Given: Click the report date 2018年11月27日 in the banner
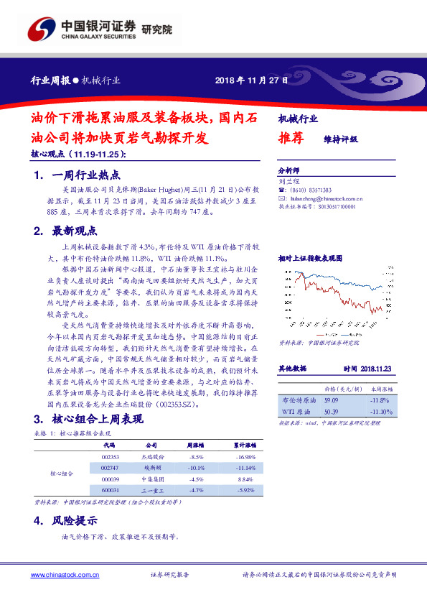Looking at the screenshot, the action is [x=251, y=80].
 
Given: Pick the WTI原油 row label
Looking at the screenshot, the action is [x=296, y=412].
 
